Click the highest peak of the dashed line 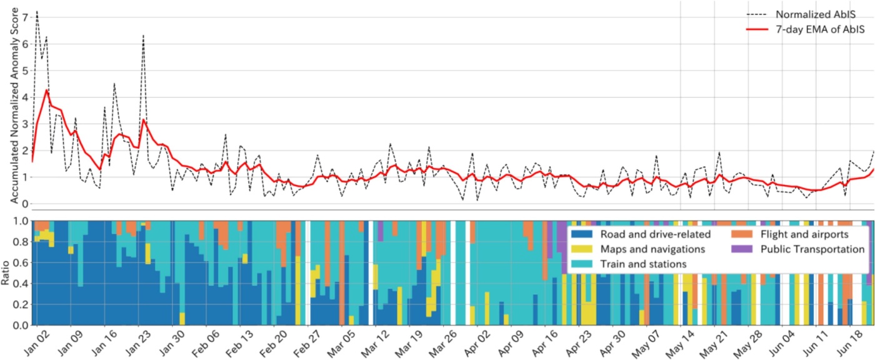tap(37, 11)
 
